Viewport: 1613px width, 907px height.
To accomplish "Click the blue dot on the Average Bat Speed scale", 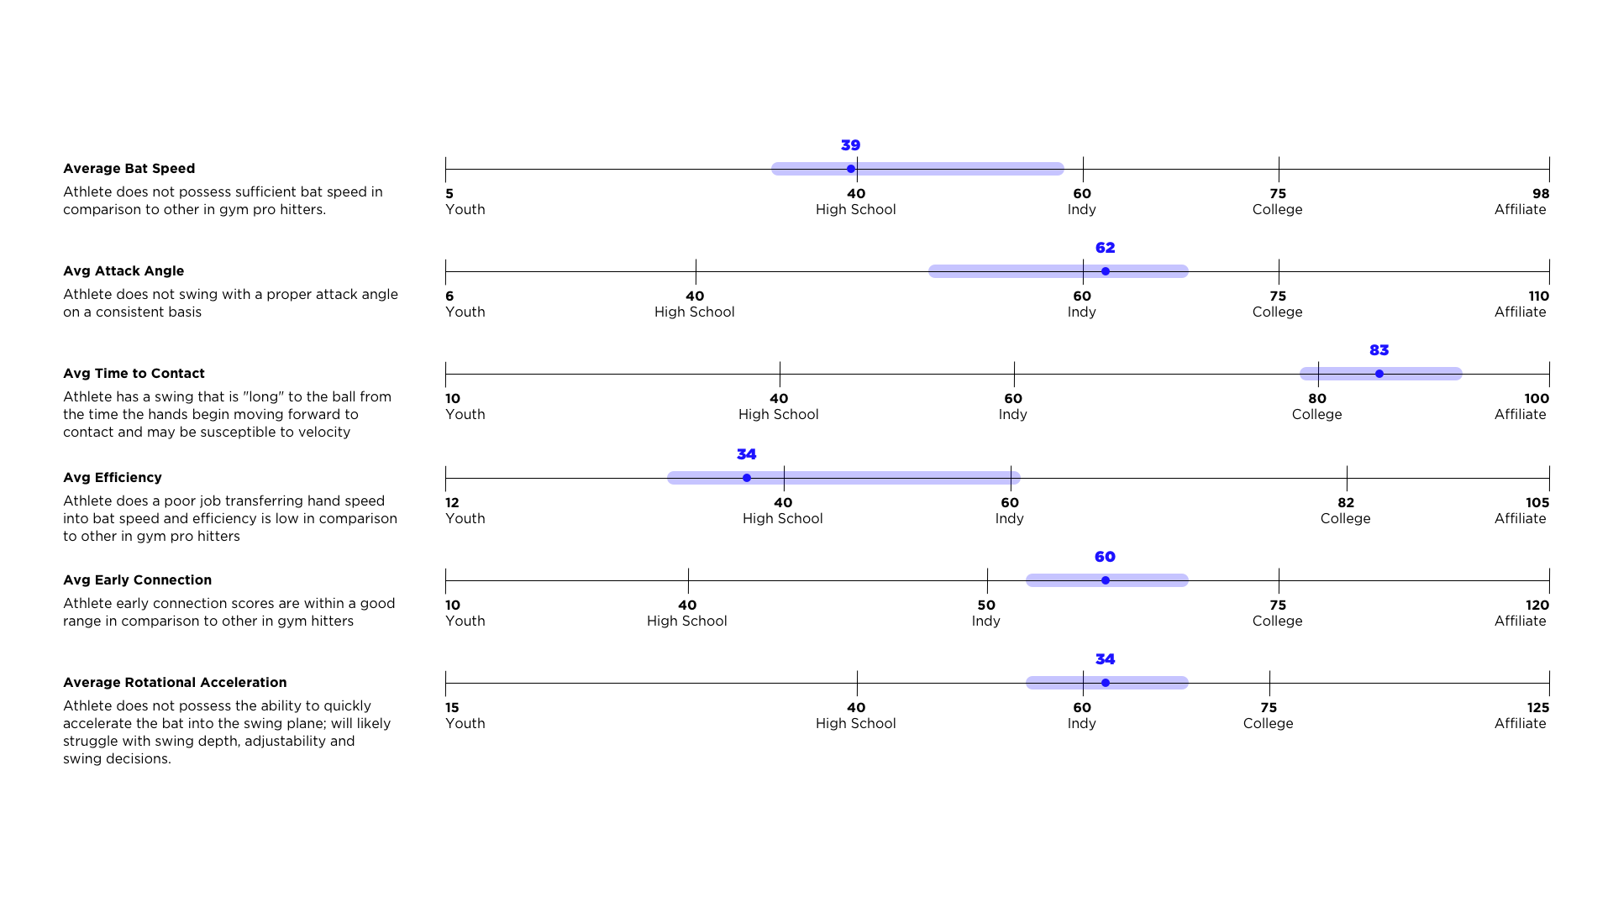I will tap(851, 169).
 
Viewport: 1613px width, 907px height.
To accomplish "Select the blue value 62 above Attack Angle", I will tap(1105, 248).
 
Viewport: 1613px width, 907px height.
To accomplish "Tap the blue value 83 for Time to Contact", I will tap(1379, 350).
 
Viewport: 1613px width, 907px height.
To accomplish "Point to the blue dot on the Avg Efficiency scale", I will tap(747, 478).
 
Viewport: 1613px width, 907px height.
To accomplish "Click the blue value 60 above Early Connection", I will tap(1105, 557).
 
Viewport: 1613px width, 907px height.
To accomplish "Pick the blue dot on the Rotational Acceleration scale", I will tap(1106, 683).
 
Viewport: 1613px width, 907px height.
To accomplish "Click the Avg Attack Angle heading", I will tap(123, 271).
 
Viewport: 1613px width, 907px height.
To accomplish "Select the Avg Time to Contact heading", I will tap(134, 374).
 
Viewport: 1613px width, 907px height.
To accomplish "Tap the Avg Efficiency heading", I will tap(113, 478).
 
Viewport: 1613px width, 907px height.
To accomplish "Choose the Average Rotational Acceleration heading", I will tap(175, 683).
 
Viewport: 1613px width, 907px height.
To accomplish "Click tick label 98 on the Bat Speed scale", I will tap(1541, 194).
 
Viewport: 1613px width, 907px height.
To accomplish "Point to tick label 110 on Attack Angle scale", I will tap(1538, 296).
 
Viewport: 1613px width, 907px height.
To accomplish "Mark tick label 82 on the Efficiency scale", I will tap(1346, 503).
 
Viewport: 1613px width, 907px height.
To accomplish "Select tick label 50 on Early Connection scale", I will tap(986, 606).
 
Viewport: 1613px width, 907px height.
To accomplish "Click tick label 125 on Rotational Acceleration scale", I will tap(1538, 708).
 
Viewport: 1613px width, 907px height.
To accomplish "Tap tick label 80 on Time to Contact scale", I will tap(1317, 399).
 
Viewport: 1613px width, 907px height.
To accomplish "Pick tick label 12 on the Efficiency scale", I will tap(452, 503).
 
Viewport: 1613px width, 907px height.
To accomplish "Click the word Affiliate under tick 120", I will tap(1520, 621).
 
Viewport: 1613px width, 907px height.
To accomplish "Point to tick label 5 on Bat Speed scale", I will tap(449, 194).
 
